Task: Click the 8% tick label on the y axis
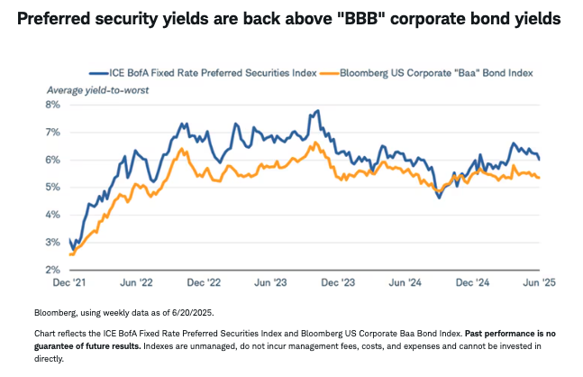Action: point(53,105)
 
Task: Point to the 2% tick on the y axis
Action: point(53,270)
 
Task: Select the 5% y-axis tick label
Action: point(53,188)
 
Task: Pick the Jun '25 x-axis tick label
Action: point(538,282)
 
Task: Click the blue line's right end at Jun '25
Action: point(539,159)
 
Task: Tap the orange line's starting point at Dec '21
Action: point(69,254)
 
